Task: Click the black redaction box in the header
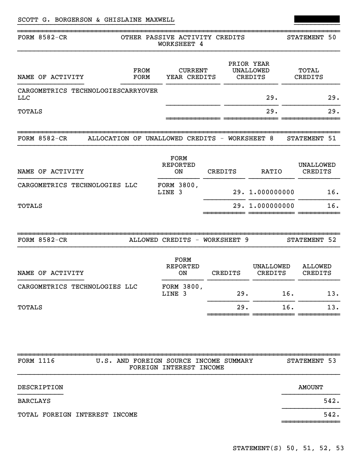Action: coord(317,19)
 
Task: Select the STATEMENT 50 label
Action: coord(311,38)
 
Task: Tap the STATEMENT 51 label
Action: coord(311,139)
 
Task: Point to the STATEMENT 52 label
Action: coord(311,240)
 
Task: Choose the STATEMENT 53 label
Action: coord(311,361)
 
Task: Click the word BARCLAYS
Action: coord(34,401)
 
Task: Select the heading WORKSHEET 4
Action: coord(180,44)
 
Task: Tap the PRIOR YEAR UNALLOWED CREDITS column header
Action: coord(251,71)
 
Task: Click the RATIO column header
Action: coord(271,172)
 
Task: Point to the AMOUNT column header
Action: coord(311,387)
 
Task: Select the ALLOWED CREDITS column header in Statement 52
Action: coord(317,270)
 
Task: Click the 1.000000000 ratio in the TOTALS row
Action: coord(271,206)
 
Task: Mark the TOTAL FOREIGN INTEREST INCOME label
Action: coord(77,415)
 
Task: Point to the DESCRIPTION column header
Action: coord(40,387)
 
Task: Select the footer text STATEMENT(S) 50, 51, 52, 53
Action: coord(288,449)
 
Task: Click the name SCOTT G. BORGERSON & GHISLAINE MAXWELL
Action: coord(96,20)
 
